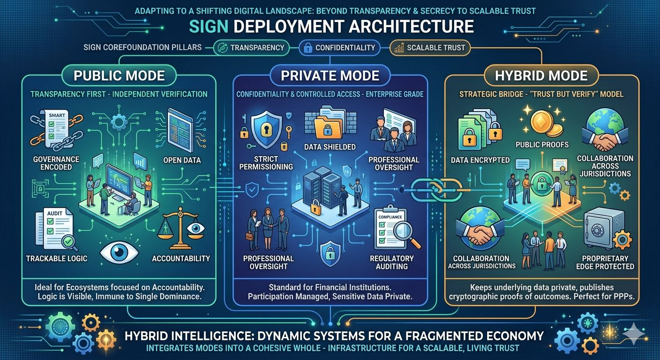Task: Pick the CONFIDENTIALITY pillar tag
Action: tap(340, 47)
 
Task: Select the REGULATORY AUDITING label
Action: tap(392, 262)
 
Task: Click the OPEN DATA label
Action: tap(182, 160)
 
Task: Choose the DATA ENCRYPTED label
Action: tap(480, 160)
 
